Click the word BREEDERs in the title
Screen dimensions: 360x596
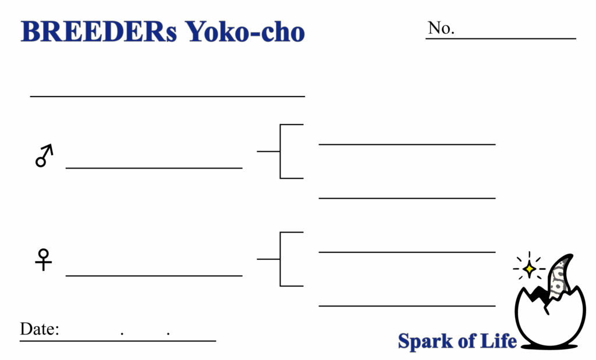pos(98,32)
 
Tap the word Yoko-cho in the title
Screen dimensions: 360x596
pos(245,32)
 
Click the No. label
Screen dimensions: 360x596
pos(441,28)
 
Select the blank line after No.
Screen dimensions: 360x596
pos(515,38)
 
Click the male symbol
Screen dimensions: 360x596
pos(44,156)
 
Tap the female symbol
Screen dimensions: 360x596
pos(44,260)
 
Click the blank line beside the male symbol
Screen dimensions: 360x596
pos(154,167)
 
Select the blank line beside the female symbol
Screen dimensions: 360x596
pos(154,275)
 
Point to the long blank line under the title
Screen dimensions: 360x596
pos(168,96)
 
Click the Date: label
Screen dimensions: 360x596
pos(40,330)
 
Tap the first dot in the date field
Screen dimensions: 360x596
pos(122,334)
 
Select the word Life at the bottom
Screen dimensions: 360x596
pos(498,340)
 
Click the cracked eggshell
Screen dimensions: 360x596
pos(550,323)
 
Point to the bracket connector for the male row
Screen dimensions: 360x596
pos(281,151)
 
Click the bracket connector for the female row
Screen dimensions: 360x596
pos(281,259)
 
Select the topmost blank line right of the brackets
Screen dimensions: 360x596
pos(407,144)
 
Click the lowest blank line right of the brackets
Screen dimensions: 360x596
pos(407,305)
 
